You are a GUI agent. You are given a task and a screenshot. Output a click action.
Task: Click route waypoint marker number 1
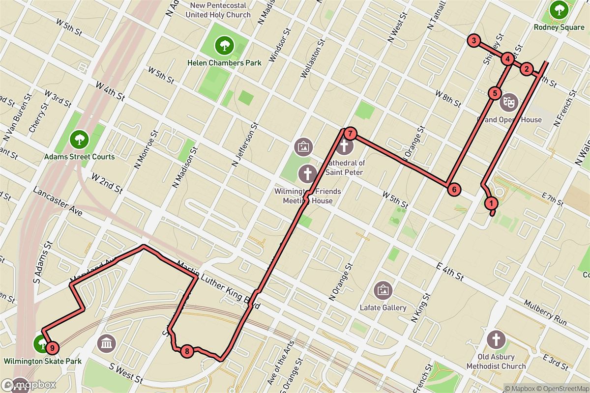pyautogui.click(x=490, y=202)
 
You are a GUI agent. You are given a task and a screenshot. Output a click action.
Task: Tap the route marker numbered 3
pyautogui.click(x=473, y=41)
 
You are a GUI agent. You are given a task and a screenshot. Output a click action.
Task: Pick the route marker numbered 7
pyautogui.click(x=350, y=133)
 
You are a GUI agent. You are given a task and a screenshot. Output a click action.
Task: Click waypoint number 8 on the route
pyautogui.click(x=187, y=351)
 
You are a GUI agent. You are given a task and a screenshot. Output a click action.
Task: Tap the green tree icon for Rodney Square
pyautogui.click(x=559, y=10)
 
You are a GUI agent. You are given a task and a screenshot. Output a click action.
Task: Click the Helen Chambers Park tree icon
pyautogui.click(x=224, y=46)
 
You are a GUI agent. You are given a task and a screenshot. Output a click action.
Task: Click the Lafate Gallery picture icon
pyautogui.click(x=383, y=290)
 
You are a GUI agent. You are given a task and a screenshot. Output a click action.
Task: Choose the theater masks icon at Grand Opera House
pyautogui.click(x=508, y=103)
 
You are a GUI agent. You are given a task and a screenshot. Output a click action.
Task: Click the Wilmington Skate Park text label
pyautogui.click(x=43, y=362)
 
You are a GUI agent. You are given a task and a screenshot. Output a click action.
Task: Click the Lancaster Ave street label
pyautogui.click(x=57, y=201)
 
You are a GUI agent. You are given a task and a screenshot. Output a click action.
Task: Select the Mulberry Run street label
pyautogui.click(x=545, y=312)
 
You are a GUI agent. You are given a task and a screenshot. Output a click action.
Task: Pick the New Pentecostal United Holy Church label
pyautogui.click(x=218, y=11)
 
